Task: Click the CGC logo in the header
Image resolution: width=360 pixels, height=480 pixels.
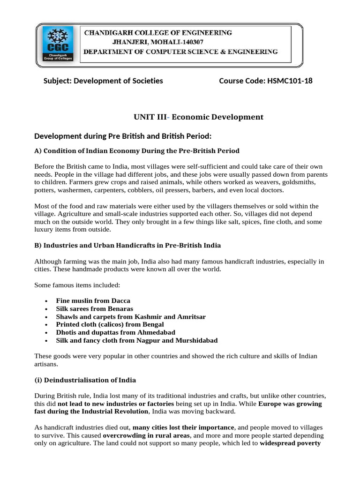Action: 58,45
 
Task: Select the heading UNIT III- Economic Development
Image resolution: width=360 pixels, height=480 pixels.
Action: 199,117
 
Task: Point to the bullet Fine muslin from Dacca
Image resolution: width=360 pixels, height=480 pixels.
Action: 93,300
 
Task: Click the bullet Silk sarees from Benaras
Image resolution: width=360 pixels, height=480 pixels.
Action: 94,309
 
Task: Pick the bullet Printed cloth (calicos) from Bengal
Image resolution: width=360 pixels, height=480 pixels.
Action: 110,324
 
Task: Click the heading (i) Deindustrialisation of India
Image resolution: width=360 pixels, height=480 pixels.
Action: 85,380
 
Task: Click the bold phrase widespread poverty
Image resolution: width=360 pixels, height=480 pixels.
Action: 290,443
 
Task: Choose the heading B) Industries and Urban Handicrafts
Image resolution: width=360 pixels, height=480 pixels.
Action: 127,245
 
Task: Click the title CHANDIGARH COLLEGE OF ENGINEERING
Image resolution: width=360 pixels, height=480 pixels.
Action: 157,33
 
